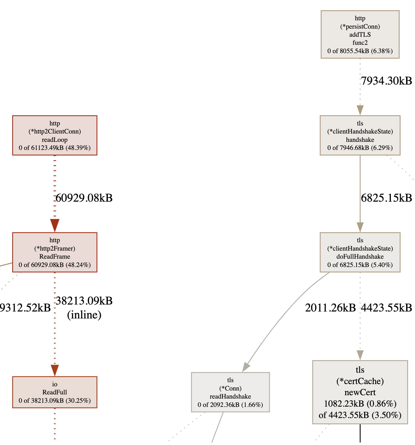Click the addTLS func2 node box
point(360,34)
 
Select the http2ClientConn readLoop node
point(55,135)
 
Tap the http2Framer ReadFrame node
point(55,252)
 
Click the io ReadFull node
point(55,392)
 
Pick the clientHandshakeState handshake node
point(360,135)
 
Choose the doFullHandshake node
point(360,252)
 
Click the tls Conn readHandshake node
point(230,392)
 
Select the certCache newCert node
point(360,392)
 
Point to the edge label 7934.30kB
point(386,81)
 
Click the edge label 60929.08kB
point(84,198)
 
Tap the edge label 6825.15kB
point(386,198)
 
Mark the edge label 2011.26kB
point(330,308)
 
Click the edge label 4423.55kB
point(386,308)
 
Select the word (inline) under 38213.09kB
point(84,315)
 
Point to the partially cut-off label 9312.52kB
point(25,308)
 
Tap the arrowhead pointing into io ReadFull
point(55,370)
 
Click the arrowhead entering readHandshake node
point(246,367)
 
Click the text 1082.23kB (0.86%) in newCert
point(360,404)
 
